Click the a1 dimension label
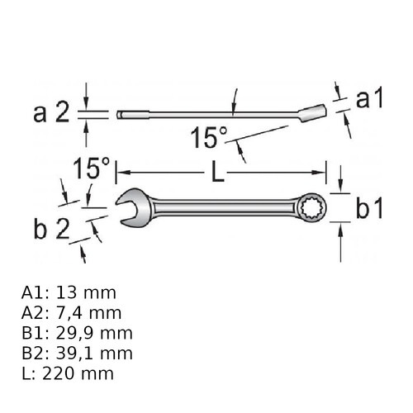[x=369, y=99]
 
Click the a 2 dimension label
[x=51, y=112]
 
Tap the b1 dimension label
[x=369, y=209]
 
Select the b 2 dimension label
[x=52, y=229]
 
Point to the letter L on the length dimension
[x=217, y=173]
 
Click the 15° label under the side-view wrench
[x=209, y=137]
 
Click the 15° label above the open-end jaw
[x=92, y=168]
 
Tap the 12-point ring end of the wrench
[x=312, y=207]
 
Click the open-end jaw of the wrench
[x=134, y=207]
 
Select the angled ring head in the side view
[x=312, y=112]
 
